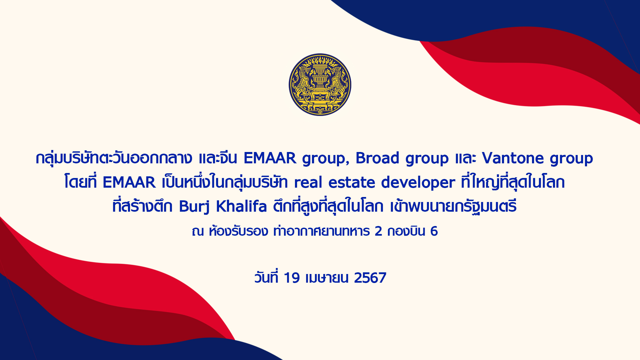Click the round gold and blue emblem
coord(320,85)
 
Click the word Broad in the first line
coord(377,158)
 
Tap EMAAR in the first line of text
coord(270,158)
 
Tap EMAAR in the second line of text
coord(129,182)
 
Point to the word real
coord(308,182)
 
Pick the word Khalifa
coord(242,206)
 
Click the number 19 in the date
coord(292,278)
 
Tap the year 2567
coord(370,278)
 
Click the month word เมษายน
coord(327,278)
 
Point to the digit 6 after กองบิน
coord(434,231)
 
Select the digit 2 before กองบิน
coord(378,231)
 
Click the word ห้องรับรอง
coord(238,231)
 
